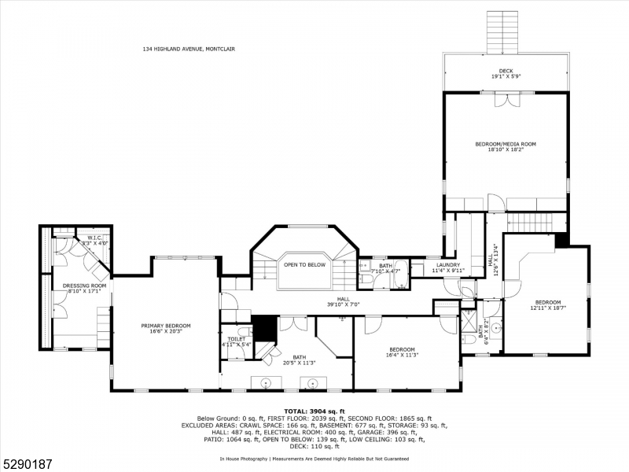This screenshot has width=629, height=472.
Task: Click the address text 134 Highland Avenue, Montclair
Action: (189, 49)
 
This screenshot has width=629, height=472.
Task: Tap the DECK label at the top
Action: (506, 71)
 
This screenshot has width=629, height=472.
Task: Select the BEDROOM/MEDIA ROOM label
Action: (506, 144)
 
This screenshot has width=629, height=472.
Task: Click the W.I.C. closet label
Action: (95, 237)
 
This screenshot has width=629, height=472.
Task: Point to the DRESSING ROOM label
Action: (84, 285)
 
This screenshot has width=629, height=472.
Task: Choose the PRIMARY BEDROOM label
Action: (166, 326)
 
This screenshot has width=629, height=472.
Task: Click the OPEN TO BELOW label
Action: (305, 265)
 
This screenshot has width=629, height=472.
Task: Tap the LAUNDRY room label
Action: (448, 264)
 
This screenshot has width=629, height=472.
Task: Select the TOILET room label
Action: (237, 339)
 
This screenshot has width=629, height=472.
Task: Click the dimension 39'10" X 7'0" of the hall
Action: (343, 304)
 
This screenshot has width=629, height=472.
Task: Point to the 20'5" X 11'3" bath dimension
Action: (300, 363)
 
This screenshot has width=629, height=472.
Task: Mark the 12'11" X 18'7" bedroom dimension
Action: (548, 308)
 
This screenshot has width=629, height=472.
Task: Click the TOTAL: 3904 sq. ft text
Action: (314, 411)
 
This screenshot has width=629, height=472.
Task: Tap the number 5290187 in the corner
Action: (28, 455)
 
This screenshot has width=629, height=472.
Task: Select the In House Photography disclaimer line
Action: (314, 458)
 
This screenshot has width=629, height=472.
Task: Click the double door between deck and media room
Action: (506, 100)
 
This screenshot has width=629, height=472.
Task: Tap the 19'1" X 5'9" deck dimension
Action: (506, 77)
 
